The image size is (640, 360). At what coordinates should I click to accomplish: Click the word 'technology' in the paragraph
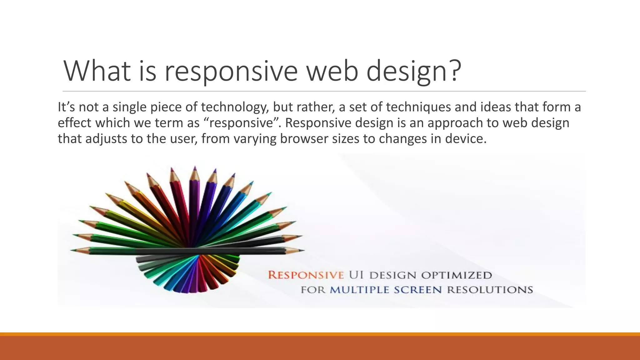235,107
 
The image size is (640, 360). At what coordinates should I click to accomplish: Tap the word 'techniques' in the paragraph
418,107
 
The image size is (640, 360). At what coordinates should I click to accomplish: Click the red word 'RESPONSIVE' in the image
306,275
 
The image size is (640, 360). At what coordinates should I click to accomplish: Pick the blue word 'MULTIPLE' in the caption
359,290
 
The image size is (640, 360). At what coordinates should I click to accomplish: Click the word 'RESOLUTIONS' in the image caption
490,290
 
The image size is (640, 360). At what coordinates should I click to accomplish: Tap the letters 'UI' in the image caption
356,275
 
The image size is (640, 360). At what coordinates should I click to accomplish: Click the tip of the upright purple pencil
195,167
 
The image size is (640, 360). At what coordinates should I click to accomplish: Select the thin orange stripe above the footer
320,334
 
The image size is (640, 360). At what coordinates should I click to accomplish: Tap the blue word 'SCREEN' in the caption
417,290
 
